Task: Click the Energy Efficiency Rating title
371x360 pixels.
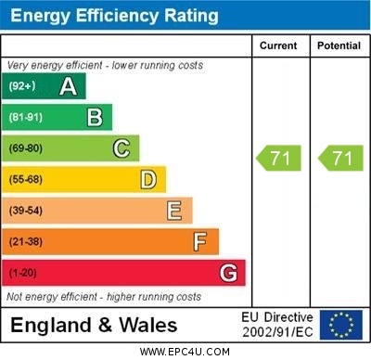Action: [x=114, y=16]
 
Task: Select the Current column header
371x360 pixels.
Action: [x=278, y=45]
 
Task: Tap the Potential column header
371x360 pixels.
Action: [x=339, y=45]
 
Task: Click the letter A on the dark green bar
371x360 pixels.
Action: [x=68, y=86]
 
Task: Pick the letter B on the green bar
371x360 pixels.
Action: [x=95, y=117]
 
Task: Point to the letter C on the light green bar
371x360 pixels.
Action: [x=121, y=148]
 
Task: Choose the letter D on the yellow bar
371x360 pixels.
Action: [x=147, y=179]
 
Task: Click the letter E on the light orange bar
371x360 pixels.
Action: [x=174, y=211]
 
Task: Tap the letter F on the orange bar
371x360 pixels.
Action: [x=200, y=242]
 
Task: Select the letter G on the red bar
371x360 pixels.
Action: [x=228, y=273]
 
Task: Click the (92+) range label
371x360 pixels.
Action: [x=22, y=86]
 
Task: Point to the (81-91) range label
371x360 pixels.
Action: [x=25, y=118]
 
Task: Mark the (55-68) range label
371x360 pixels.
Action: [x=26, y=180]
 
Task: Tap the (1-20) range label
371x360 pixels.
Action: [x=23, y=274]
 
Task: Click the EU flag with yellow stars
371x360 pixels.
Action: [x=341, y=325]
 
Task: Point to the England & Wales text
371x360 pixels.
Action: [x=94, y=325]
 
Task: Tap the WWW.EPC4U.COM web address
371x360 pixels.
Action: [x=185, y=352]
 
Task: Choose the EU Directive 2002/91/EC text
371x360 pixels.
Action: [x=277, y=325]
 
